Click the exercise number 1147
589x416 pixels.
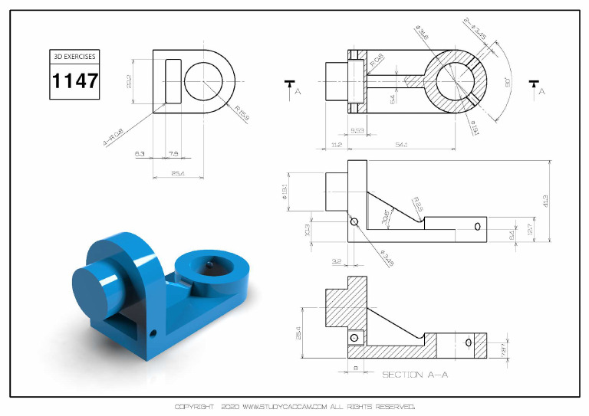pos(75,80)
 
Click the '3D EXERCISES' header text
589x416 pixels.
pos(75,57)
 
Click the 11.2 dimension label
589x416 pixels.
pos(335,144)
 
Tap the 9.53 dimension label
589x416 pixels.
pos(357,131)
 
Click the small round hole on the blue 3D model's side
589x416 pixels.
pos(153,333)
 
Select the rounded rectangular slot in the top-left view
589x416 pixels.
pos(174,81)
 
